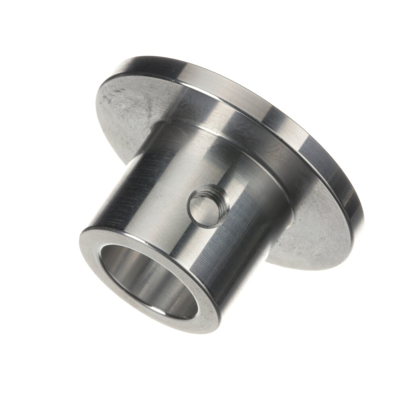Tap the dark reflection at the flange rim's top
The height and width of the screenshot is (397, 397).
tap(159, 60)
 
